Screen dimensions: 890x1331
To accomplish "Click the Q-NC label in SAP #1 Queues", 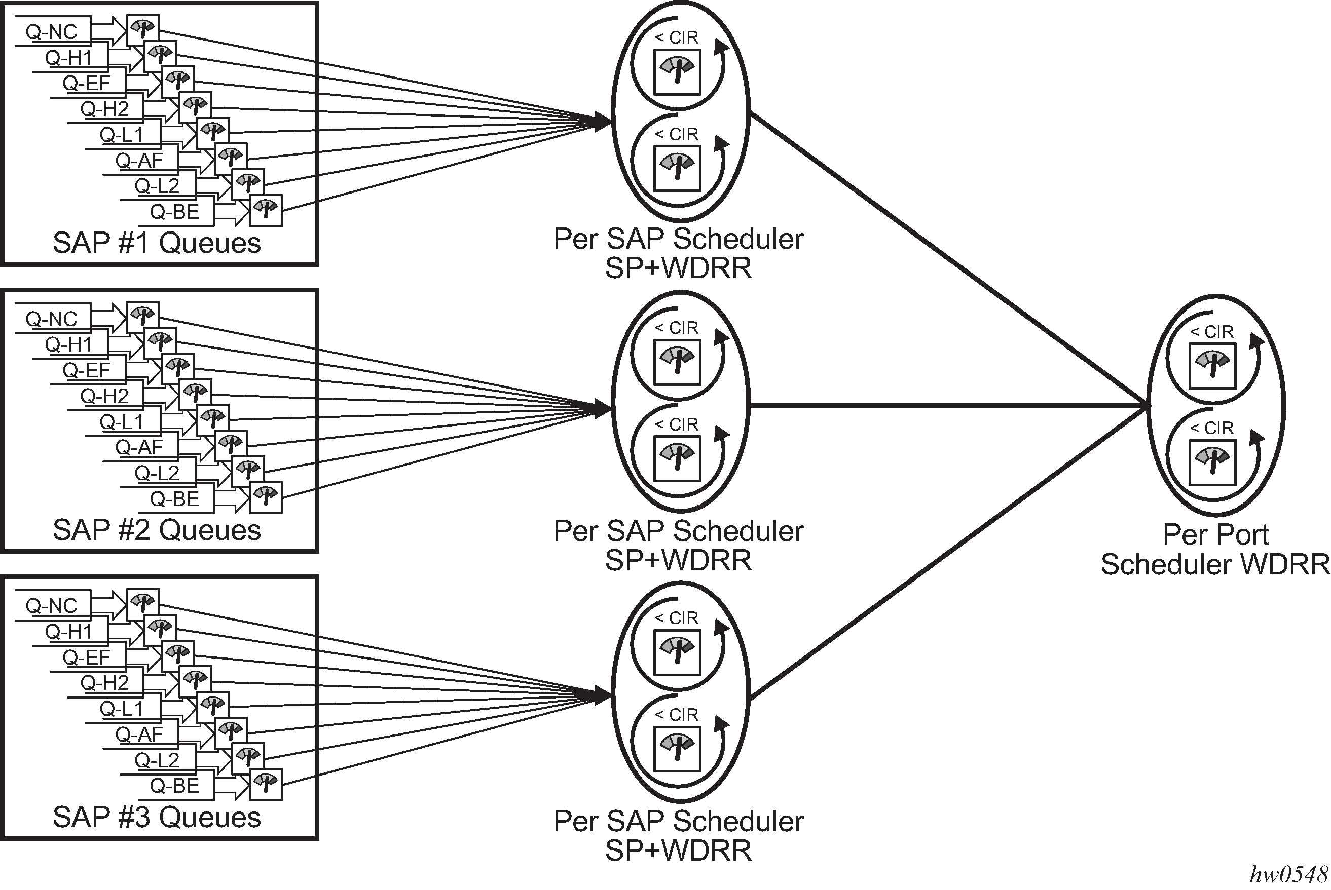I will pos(51,32).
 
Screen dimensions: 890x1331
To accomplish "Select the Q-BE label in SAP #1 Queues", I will pos(174,212).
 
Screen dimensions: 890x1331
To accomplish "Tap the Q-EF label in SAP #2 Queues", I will pos(86,370).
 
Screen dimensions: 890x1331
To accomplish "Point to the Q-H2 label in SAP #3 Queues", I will pos(104,682).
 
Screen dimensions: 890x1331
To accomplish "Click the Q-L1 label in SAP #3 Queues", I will pos(122,708).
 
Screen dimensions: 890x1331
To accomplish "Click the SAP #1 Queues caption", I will pos(157,243).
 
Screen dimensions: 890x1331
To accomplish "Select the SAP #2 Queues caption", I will pos(157,530).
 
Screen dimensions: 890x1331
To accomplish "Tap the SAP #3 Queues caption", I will pos(157,818).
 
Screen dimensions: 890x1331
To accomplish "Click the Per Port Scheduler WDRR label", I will pos(1215,550).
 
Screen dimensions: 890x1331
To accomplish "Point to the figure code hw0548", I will pos(1289,875).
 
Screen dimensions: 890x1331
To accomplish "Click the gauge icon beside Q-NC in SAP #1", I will pos(142,30).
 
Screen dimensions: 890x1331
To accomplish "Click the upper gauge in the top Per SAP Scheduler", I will pos(677,72).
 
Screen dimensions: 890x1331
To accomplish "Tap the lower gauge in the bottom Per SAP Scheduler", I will pos(677,748).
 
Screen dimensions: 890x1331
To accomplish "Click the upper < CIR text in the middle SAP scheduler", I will pos(676,328).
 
